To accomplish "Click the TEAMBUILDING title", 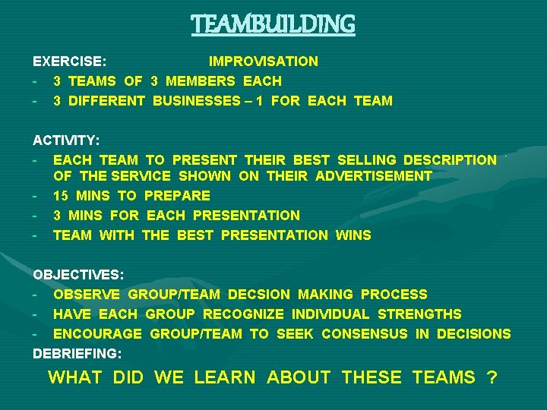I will [273, 24].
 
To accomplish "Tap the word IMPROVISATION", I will [264, 61].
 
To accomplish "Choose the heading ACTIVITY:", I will [67, 140].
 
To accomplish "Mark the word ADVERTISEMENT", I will [374, 176].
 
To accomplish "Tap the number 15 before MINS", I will [61, 196].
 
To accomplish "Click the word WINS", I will [353, 235].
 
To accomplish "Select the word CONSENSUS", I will [365, 334].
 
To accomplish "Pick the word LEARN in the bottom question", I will [225, 377].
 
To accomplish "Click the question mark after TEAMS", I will [492, 377].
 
